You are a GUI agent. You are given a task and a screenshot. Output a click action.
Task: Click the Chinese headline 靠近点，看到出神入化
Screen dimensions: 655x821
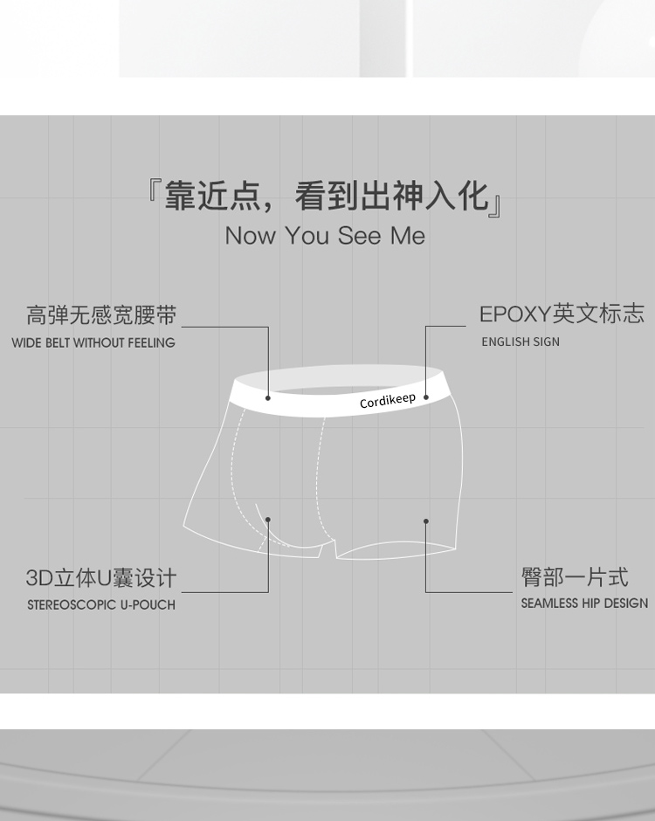click(326, 196)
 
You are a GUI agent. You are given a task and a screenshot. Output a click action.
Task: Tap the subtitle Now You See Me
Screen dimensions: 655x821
click(325, 236)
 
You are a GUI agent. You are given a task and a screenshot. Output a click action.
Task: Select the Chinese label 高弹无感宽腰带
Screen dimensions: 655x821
click(101, 315)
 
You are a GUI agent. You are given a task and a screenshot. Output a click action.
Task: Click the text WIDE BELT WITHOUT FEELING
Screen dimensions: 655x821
click(93, 343)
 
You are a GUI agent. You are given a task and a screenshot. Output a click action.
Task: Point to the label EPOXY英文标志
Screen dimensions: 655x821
click(562, 314)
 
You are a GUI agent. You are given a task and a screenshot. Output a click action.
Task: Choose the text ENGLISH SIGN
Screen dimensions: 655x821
click(521, 342)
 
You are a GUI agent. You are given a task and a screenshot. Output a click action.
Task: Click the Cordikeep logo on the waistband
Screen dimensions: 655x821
click(388, 401)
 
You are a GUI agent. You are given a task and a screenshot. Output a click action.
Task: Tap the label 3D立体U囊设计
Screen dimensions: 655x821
click(101, 578)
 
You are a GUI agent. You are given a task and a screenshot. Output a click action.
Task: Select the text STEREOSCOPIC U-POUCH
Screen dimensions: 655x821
click(101, 604)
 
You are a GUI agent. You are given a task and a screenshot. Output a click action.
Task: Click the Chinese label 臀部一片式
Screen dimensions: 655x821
click(575, 577)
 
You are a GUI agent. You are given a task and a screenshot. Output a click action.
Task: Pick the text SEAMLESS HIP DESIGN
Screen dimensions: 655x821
click(584, 604)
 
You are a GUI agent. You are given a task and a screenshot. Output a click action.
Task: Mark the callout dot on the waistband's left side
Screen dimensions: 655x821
click(268, 397)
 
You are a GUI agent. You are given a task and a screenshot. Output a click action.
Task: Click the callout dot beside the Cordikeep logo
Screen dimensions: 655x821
click(426, 397)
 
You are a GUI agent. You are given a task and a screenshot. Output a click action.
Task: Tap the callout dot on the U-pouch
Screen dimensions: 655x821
click(268, 520)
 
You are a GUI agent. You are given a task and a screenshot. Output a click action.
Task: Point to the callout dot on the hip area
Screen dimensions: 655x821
click(426, 521)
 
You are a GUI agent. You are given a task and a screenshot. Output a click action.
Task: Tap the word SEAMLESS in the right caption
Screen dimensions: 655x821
click(549, 604)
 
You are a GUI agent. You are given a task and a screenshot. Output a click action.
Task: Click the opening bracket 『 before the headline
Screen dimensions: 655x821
click(154, 194)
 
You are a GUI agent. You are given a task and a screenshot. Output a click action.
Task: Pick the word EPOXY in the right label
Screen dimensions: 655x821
click(515, 314)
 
